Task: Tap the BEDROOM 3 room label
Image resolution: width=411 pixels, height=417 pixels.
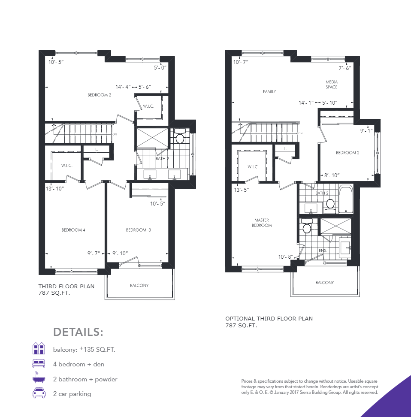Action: point(138,230)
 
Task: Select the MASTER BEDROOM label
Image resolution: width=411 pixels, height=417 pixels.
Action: point(261,223)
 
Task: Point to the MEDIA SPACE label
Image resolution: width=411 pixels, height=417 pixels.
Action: point(331,85)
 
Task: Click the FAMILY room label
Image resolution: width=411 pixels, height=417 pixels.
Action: point(269,91)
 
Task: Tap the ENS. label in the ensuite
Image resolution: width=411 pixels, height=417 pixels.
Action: point(323,250)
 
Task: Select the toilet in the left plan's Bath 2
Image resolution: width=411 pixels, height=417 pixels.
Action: point(180,138)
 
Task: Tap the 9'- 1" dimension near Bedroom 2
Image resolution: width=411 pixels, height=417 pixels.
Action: point(366,130)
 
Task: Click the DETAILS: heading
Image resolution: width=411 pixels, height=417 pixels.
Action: point(79,332)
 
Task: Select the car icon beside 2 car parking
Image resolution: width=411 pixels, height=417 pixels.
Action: point(39,393)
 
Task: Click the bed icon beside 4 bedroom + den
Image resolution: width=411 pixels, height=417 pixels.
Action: point(39,364)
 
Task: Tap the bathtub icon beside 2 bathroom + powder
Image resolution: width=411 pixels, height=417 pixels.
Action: point(39,379)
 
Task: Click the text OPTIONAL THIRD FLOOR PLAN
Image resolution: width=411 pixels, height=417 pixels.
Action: point(269,319)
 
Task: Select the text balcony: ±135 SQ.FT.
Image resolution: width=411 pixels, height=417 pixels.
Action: point(84,349)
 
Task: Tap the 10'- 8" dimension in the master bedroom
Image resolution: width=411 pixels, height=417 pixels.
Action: point(285,257)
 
